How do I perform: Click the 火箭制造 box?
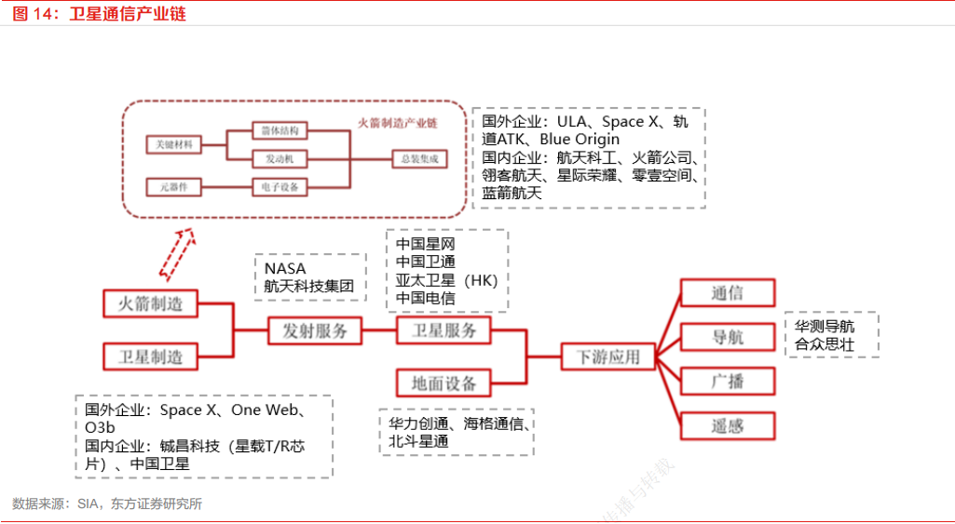pyautogui.click(x=149, y=304)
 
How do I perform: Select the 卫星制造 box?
pyautogui.click(x=149, y=356)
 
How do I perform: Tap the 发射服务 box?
pyautogui.click(x=315, y=330)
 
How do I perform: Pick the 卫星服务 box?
pyautogui.click(x=443, y=330)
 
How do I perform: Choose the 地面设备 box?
pyautogui.click(x=443, y=383)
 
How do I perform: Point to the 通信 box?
pyautogui.click(x=728, y=293)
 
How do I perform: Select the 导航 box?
pyautogui.click(x=728, y=337)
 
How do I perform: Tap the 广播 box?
pyautogui.click(x=728, y=382)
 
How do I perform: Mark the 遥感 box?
pyautogui.click(x=728, y=425)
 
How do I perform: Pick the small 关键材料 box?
pyautogui.click(x=174, y=144)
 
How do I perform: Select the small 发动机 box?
pyautogui.click(x=280, y=159)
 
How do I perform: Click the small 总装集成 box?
pyautogui.click(x=418, y=159)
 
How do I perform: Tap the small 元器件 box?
pyautogui.click(x=174, y=187)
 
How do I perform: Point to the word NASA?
pyautogui.click(x=284, y=269)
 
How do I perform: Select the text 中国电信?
pyautogui.click(x=425, y=298)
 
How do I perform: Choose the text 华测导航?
pyautogui.click(x=824, y=327)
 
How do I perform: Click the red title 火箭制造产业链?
pyautogui.click(x=398, y=123)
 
